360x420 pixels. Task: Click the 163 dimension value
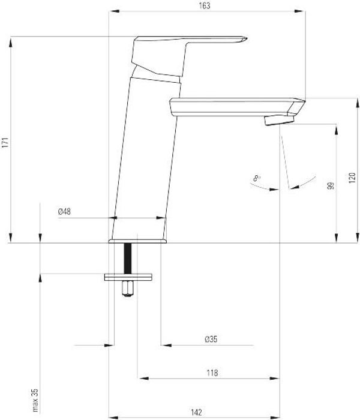coord(205,6)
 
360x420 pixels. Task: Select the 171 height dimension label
coord(5,143)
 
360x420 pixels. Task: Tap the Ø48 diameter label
coord(64,212)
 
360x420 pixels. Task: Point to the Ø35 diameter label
coord(211,340)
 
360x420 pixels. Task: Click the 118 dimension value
coord(212,373)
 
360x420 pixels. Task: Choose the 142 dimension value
coord(196,412)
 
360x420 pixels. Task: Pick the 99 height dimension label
coord(331,185)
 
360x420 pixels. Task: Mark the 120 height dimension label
coord(352,178)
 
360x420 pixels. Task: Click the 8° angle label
coord(257,179)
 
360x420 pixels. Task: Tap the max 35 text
coord(35,400)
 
